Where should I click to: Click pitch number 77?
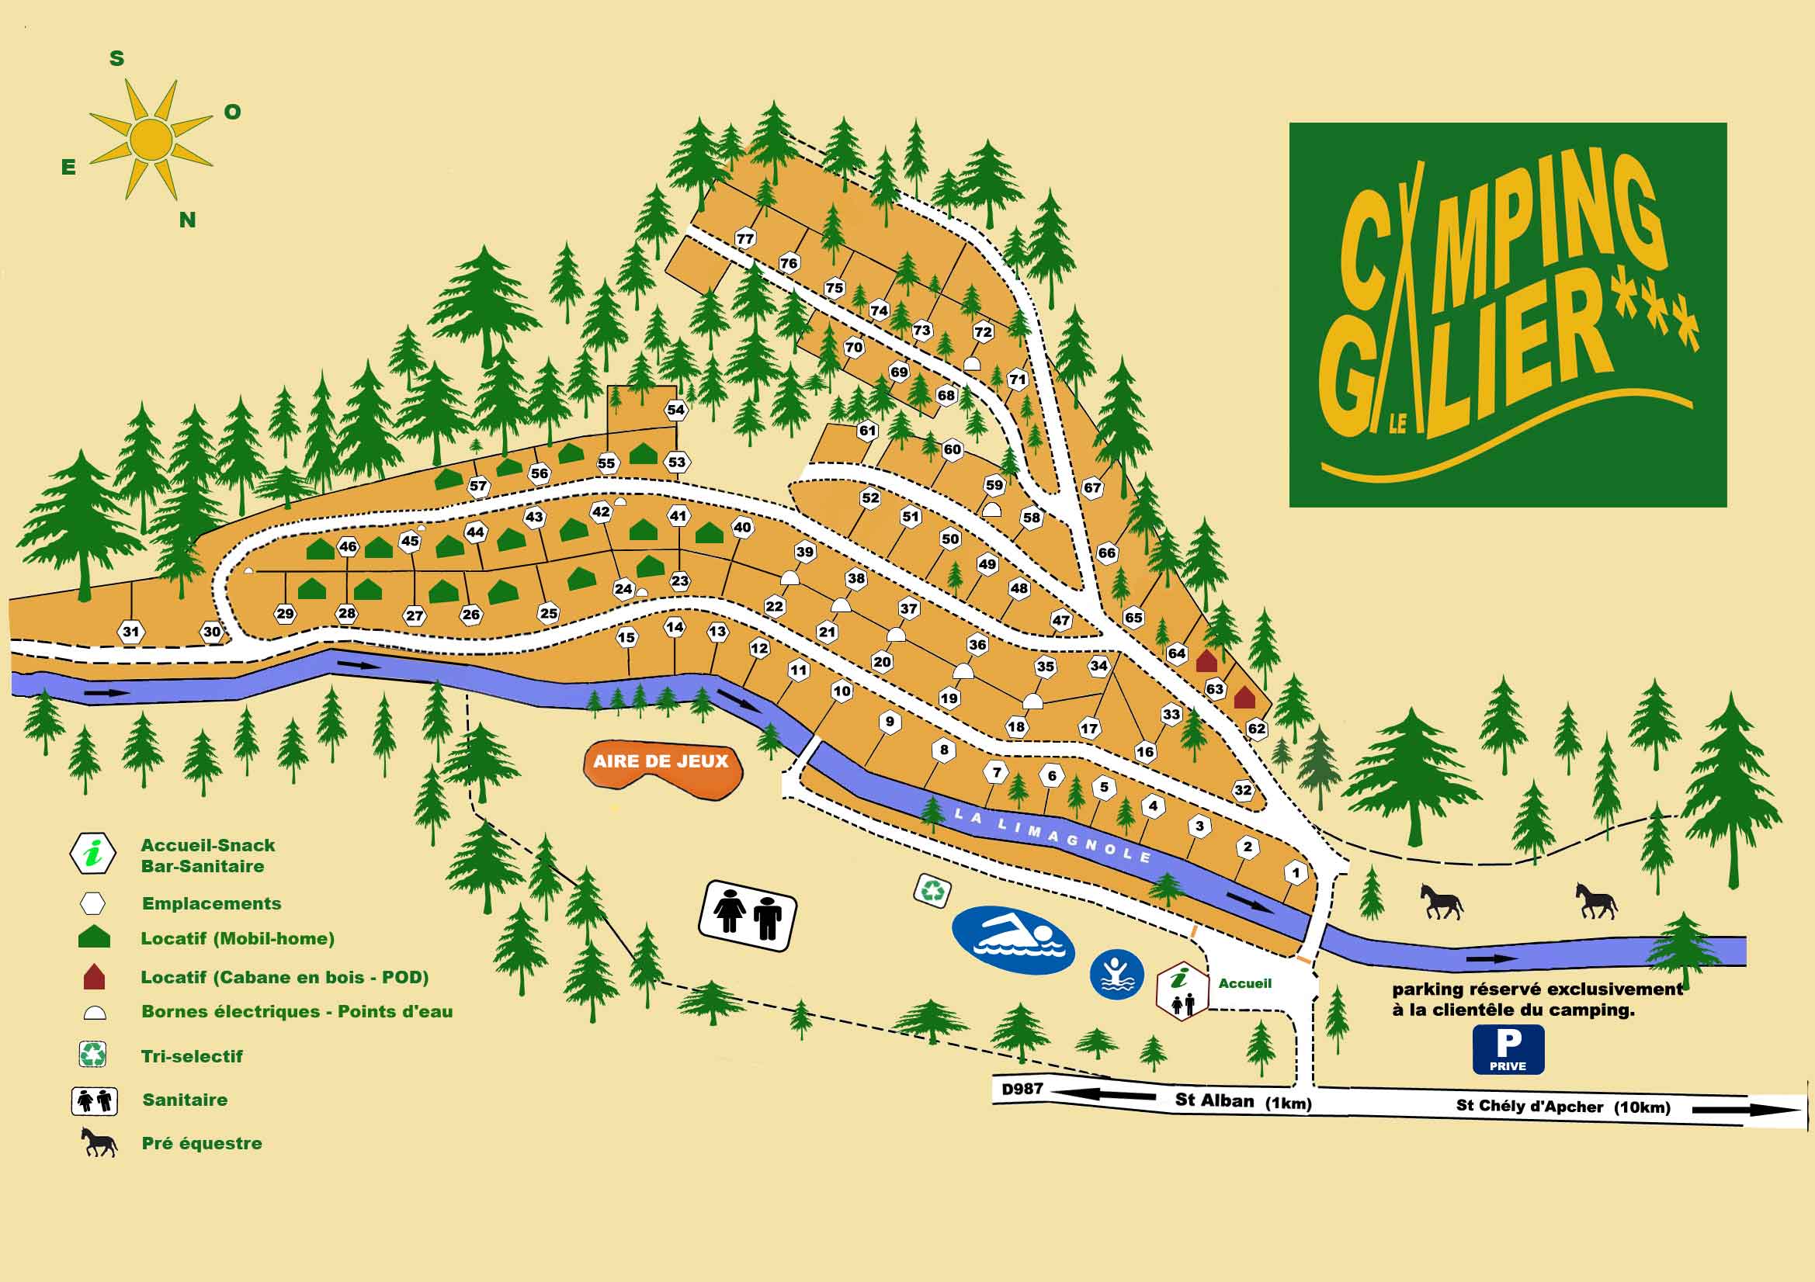(x=744, y=238)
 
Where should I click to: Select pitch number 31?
(x=130, y=632)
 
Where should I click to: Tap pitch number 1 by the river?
(x=1295, y=873)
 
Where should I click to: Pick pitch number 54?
(x=675, y=410)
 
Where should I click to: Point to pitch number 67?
(x=1091, y=487)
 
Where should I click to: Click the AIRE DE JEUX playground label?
(x=661, y=761)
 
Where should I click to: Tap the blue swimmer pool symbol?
(x=1012, y=939)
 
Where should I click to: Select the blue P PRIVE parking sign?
(x=1508, y=1049)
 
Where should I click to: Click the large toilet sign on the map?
(x=747, y=915)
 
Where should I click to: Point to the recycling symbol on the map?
(x=933, y=891)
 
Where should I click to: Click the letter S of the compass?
(x=116, y=58)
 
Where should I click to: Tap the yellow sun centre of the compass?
(x=151, y=139)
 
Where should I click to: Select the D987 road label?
(x=1022, y=1089)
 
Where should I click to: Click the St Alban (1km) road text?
(x=1242, y=1101)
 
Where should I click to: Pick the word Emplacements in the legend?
(x=211, y=903)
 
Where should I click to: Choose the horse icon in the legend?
(x=99, y=1143)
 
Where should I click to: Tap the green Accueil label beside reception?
(x=1244, y=983)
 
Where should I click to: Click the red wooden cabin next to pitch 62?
(x=1244, y=698)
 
